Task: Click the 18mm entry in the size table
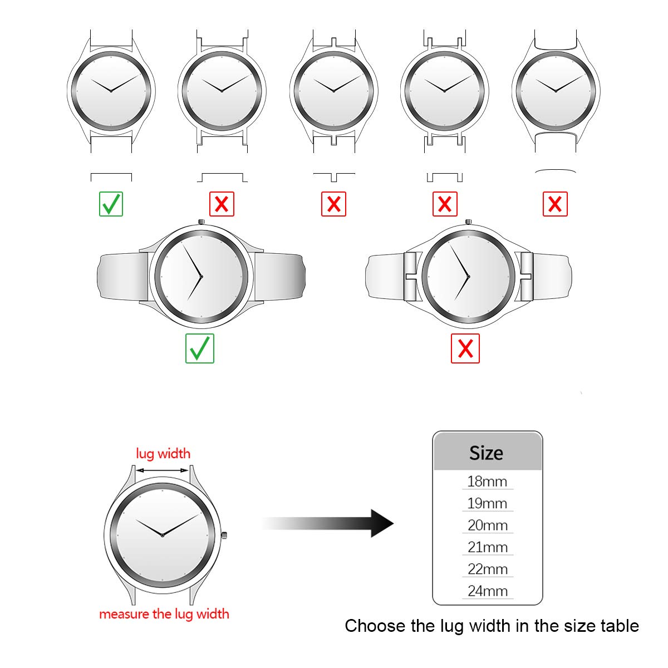click(x=487, y=482)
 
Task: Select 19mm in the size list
click(x=487, y=503)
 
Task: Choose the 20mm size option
click(x=488, y=525)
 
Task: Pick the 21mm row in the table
click(x=488, y=547)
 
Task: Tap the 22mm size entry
click(x=488, y=569)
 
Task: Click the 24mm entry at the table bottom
click(x=488, y=591)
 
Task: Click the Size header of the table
click(x=486, y=453)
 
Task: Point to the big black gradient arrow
click(x=328, y=523)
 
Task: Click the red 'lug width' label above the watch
click(x=163, y=454)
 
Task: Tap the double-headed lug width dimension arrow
click(x=162, y=470)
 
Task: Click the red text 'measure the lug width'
click(x=164, y=614)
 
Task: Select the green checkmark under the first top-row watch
click(x=111, y=204)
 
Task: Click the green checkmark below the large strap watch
click(x=200, y=348)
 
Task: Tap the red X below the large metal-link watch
click(x=465, y=348)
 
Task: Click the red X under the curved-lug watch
click(x=555, y=204)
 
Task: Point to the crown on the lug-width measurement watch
click(x=224, y=535)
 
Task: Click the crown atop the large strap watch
click(x=201, y=222)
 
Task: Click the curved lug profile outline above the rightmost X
click(x=556, y=170)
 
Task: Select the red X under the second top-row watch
click(x=222, y=204)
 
